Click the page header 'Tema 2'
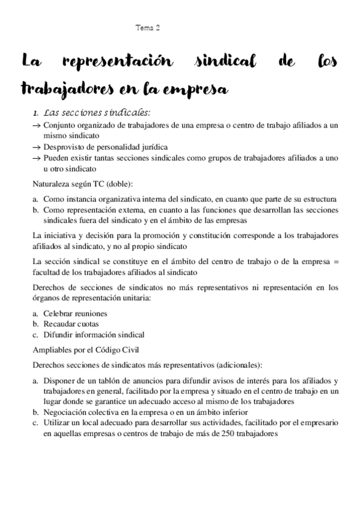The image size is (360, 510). click(148, 28)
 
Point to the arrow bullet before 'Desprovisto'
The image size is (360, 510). click(36, 147)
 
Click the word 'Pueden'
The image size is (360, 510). click(56, 158)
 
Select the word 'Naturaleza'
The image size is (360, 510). click(52, 183)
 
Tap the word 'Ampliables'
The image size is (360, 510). click(54, 349)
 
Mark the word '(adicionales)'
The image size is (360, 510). click(237, 364)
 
